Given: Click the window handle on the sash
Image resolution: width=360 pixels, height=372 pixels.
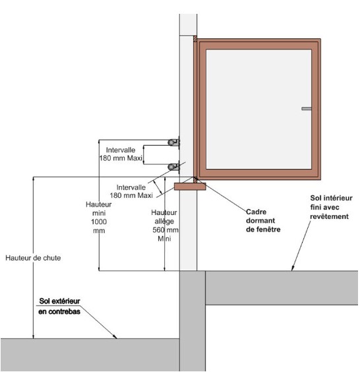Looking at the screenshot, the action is tap(307, 109).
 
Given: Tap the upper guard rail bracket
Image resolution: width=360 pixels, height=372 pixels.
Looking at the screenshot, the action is tap(173, 142).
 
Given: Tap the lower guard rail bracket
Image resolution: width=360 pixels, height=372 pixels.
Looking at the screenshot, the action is tap(173, 167).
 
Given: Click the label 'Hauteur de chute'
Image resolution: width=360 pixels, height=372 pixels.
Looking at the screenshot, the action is tap(33, 258).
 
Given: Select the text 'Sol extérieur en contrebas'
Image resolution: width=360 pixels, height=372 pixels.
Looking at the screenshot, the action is tap(59, 306).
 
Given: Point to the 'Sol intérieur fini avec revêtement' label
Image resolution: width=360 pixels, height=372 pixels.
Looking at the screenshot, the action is tap(331, 207).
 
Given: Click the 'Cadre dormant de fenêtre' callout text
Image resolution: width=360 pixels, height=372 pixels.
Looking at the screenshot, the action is tap(263, 221).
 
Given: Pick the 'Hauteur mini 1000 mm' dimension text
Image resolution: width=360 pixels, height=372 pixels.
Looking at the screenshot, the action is tap(99, 217).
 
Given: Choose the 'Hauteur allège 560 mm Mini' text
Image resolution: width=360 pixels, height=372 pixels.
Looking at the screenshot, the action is tap(165, 226).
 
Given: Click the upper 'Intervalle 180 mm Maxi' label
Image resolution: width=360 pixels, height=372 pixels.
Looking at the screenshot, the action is tap(121, 154).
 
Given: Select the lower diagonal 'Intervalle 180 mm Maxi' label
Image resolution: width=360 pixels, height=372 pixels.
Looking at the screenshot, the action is tap(131, 191).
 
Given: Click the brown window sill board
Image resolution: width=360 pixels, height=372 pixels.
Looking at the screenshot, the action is tap(190, 187).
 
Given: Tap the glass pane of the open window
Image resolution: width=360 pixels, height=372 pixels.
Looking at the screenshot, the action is tap(258, 109).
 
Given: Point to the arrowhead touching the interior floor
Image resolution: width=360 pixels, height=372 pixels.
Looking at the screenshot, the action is tap(293, 268).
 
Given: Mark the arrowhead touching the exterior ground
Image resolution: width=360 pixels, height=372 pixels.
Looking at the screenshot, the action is tap(115, 336).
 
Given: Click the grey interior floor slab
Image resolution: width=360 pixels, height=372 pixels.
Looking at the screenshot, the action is tap(282, 288).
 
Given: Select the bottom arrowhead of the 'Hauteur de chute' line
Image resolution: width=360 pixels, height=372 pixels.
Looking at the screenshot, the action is tap(33, 336).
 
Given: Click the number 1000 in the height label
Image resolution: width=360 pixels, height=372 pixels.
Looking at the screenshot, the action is tap(99, 222).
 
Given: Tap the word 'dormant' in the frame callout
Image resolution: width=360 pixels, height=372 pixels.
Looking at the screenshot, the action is tap(260, 221).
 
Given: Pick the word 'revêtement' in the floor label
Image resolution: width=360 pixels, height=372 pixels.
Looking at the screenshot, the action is tap(330, 216).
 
